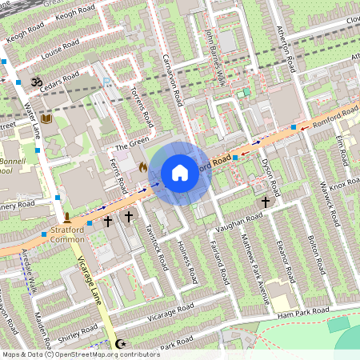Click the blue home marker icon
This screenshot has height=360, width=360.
(x=180, y=172)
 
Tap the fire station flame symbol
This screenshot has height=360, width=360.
(x=143, y=167)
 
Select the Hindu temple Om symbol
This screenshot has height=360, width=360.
(x=35, y=82)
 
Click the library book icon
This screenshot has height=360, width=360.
(x=46, y=119)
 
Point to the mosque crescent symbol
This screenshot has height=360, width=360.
(x=122, y=344)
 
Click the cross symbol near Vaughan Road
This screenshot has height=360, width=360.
(x=266, y=203)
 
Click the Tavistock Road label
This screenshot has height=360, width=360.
(x=154, y=243)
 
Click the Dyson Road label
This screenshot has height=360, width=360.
(x=270, y=177)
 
